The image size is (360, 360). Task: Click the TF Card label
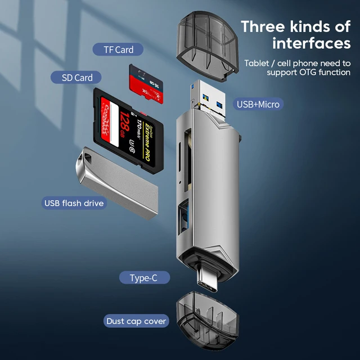coord(118,49)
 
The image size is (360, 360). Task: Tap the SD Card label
coord(77,78)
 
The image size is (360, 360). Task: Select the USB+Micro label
coord(258,103)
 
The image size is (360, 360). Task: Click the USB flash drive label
coord(74,202)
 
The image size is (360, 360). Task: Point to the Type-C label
coord(144,278)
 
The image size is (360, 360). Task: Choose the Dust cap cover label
coord(137,321)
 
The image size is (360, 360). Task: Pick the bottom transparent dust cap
coord(208,320)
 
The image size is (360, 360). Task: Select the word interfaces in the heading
coord(311,43)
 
